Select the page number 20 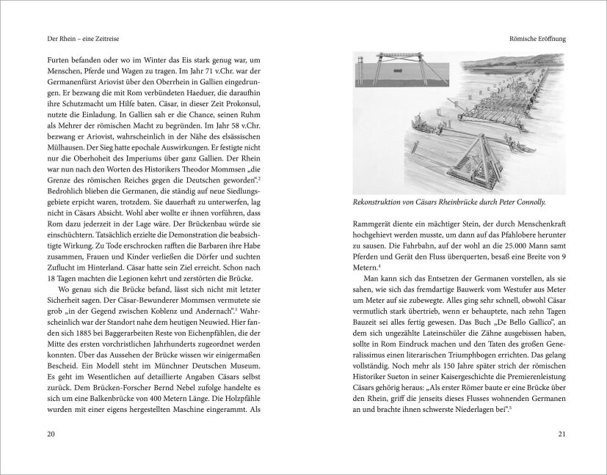click(x=50, y=434)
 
